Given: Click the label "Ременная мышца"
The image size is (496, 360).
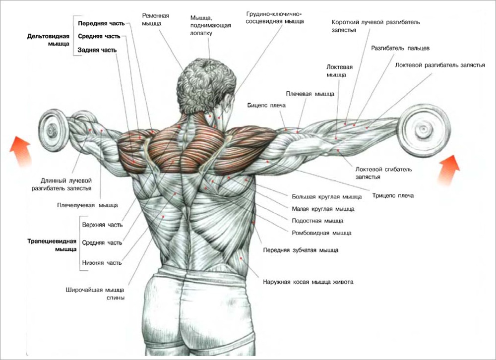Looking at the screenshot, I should coord(155,19).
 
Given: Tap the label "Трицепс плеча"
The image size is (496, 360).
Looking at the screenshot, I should coord(393,195).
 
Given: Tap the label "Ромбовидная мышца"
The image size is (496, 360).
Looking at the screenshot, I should coord(321,233).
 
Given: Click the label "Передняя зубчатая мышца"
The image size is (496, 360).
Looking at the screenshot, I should coord(301,250).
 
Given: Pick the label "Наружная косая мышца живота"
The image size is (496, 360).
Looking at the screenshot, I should coord(308,282).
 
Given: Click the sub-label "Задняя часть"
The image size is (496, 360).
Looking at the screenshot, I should coord(97,50).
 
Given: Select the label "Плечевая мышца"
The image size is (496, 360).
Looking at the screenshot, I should coord(310,94).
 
